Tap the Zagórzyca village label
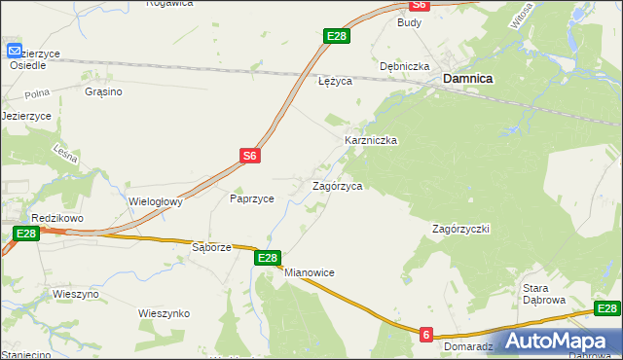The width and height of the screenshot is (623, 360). pos(338,186)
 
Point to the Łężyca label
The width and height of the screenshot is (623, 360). pos(335,82)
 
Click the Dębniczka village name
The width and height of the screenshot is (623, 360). pos(405,67)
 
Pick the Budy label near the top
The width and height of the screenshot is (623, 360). pos(409,21)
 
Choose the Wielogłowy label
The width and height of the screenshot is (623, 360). pos(156,202)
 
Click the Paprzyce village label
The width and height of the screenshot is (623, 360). pos(251,198)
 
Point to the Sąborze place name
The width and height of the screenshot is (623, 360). pos(211,247)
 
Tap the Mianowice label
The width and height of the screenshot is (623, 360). pos(310,273)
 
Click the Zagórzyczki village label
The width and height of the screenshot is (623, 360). pos(460,229)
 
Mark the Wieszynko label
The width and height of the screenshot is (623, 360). pos(164,313)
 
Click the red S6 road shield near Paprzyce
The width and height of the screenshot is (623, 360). pos(250,155)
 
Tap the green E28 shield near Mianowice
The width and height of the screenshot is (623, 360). pos(269,258)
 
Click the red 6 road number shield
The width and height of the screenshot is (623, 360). pos(426,335)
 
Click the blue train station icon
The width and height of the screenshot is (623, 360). pos(16,51)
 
